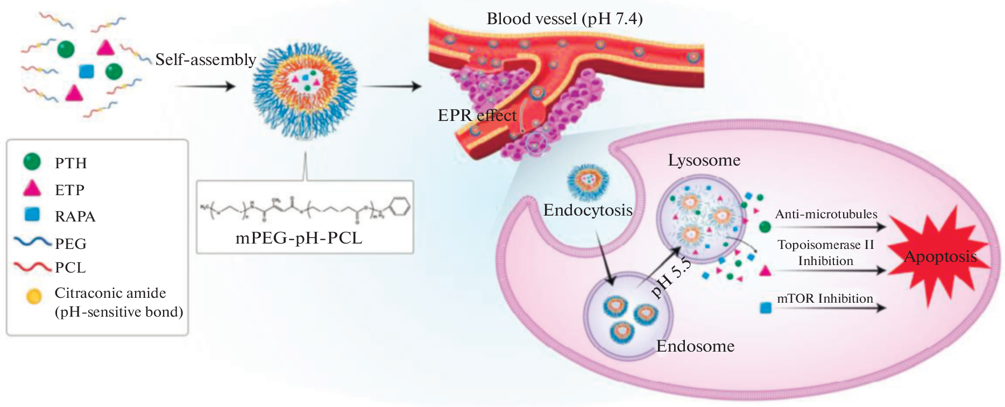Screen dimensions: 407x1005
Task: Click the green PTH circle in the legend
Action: (x=32, y=161)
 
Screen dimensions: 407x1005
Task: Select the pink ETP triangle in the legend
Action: (x=32, y=188)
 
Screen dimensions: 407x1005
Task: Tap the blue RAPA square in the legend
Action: (x=32, y=214)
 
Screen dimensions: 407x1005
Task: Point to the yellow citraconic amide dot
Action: (x=34, y=296)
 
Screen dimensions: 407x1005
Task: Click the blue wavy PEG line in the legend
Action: (x=32, y=241)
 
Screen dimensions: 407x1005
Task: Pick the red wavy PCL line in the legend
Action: (x=32, y=266)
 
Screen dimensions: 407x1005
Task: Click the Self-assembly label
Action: (x=206, y=59)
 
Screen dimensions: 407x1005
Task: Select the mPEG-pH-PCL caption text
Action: (x=299, y=238)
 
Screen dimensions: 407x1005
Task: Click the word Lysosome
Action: (x=704, y=160)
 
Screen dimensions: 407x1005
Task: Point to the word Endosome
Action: (x=695, y=346)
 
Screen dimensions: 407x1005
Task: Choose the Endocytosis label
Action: (x=588, y=210)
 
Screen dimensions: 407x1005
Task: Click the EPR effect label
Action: (x=477, y=115)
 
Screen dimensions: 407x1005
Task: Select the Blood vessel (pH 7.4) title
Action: (x=564, y=19)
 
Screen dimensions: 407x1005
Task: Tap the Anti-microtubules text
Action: (x=826, y=214)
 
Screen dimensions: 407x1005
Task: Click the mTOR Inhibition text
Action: (x=825, y=298)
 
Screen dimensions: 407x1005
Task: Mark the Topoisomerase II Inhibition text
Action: (x=825, y=253)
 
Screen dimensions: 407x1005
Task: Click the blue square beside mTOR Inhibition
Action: (x=765, y=308)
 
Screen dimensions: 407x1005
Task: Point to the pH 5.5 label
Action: (x=670, y=278)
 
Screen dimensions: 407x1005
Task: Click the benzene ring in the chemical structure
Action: (x=400, y=207)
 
